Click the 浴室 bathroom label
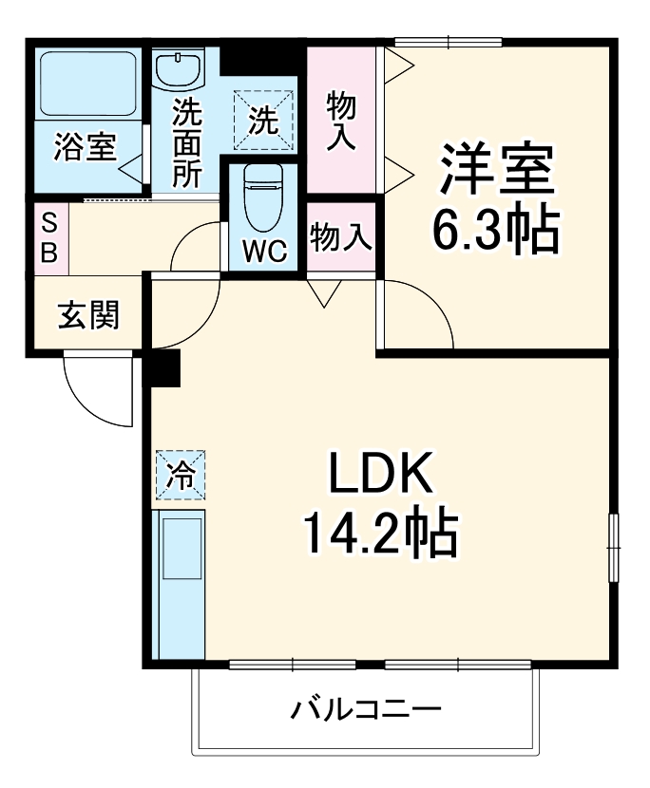coord(85,147)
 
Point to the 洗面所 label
coord(186,142)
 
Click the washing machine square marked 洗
coord(263,120)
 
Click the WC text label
coord(263,251)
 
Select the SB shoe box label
coord(51,238)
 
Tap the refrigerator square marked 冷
coord(180,473)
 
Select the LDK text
coord(380,472)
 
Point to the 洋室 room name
coord(494,169)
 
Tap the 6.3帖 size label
coord(494,229)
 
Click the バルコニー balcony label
coord(366,708)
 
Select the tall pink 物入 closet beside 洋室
coord(341,120)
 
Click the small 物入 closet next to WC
coord(341,236)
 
